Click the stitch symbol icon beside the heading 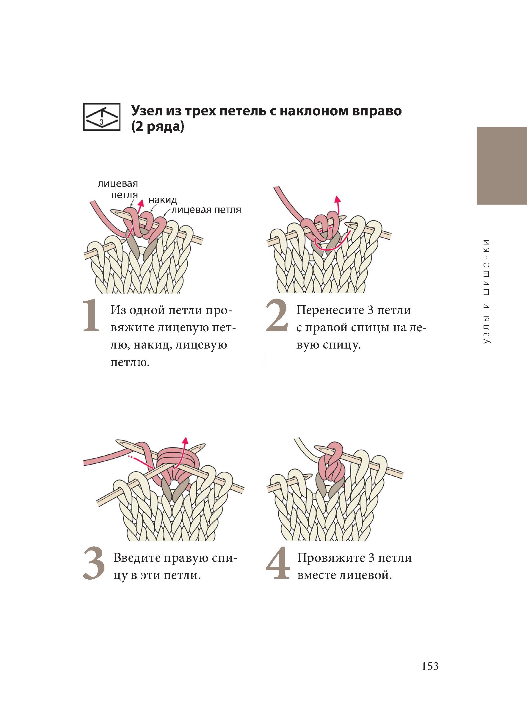pos(101,117)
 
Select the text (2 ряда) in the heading pos(158,127)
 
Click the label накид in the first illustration pos(163,200)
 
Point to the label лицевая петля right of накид pos(206,210)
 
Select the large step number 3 pos(94,564)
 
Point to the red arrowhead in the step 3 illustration pos(184,440)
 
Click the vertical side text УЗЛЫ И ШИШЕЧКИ pos(487,291)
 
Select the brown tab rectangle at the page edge pos(502,166)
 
